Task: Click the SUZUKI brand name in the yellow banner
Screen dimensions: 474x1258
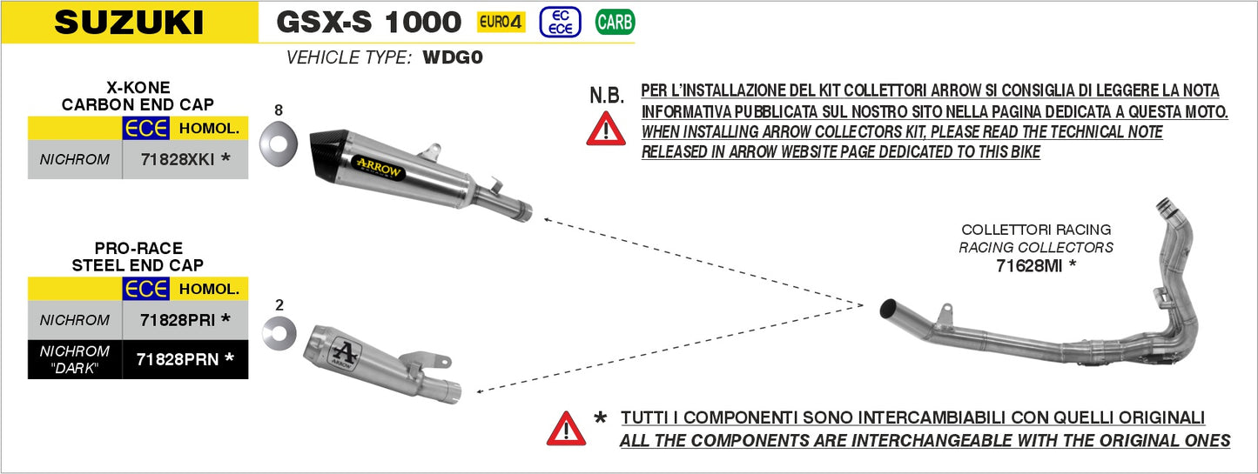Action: point(129,22)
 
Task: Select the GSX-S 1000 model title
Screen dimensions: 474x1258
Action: point(368,21)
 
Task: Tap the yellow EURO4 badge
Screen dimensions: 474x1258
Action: point(501,22)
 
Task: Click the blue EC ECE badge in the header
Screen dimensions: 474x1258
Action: point(560,22)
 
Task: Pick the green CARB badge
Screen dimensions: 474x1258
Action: point(615,22)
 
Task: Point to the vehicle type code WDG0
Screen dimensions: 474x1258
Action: point(452,58)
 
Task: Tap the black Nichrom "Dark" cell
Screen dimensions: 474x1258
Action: point(75,358)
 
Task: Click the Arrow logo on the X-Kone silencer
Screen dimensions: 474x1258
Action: point(378,166)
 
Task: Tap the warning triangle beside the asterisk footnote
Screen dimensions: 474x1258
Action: point(566,428)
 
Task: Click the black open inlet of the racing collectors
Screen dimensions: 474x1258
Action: point(889,308)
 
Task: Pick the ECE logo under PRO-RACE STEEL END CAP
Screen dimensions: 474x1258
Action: point(145,289)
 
